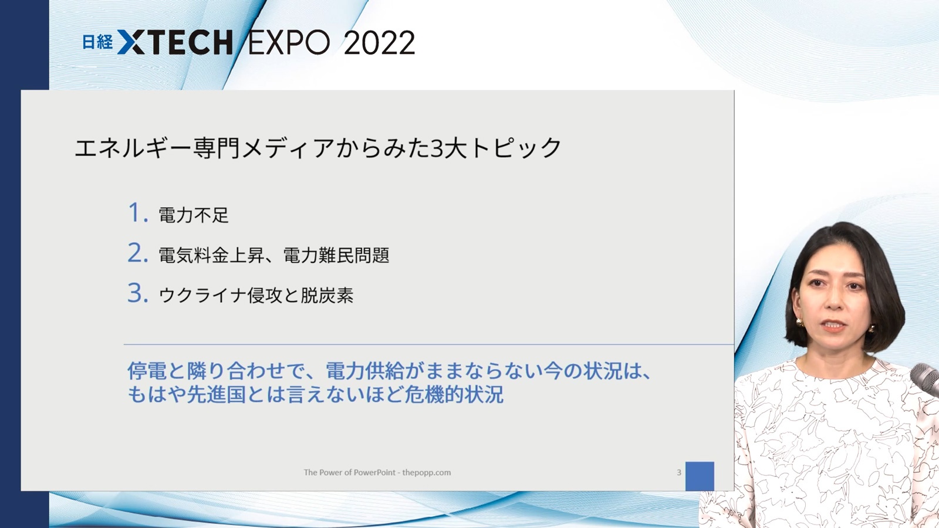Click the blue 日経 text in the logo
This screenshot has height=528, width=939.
[97, 42]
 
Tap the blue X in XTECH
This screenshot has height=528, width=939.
[131, 42]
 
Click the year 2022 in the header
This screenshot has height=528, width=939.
[379, 43]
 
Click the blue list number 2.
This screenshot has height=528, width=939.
[138, 253]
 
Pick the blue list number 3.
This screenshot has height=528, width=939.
[138, 293]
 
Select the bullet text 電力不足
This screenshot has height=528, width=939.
[194, 215]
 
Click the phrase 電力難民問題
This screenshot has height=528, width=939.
[336, 255]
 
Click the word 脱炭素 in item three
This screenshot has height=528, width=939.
[327, 295]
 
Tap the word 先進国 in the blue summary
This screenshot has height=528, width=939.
[216, 394]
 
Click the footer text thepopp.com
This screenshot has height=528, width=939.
[426, 472]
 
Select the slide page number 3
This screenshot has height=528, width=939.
[679, 472]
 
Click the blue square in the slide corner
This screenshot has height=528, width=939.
[700, 476]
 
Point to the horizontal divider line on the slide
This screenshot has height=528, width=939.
[429, 344]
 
